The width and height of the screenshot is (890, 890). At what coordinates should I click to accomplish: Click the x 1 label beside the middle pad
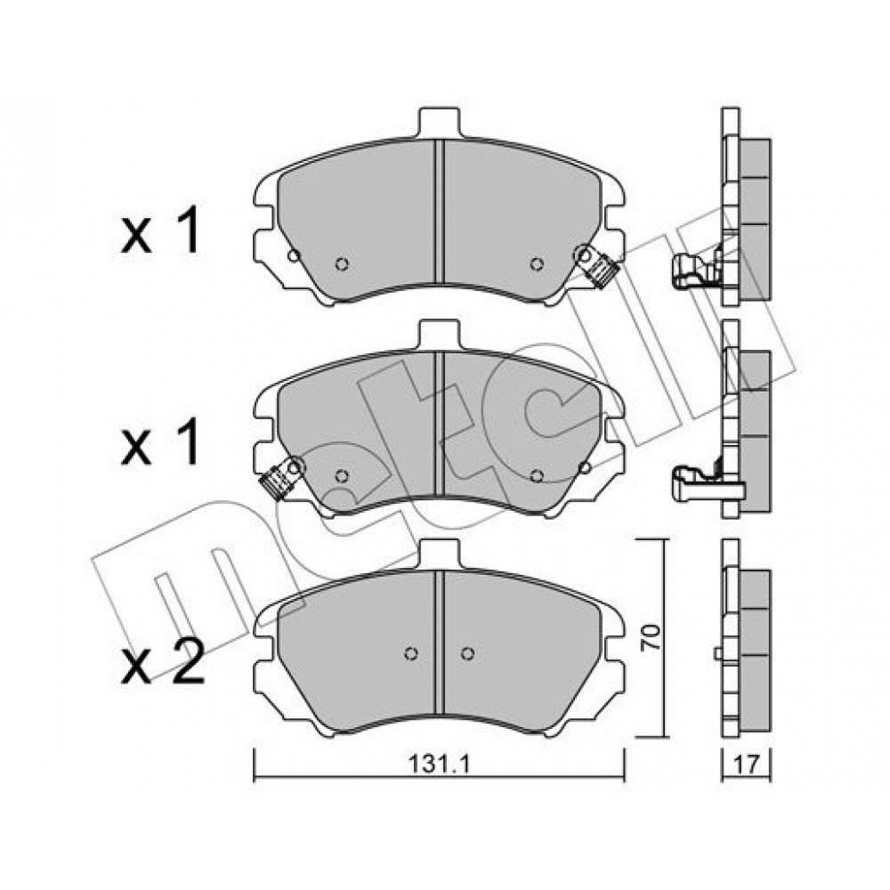click(x=160, y=442)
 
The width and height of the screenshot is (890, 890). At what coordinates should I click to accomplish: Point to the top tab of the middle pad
click(x=438, y=335)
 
